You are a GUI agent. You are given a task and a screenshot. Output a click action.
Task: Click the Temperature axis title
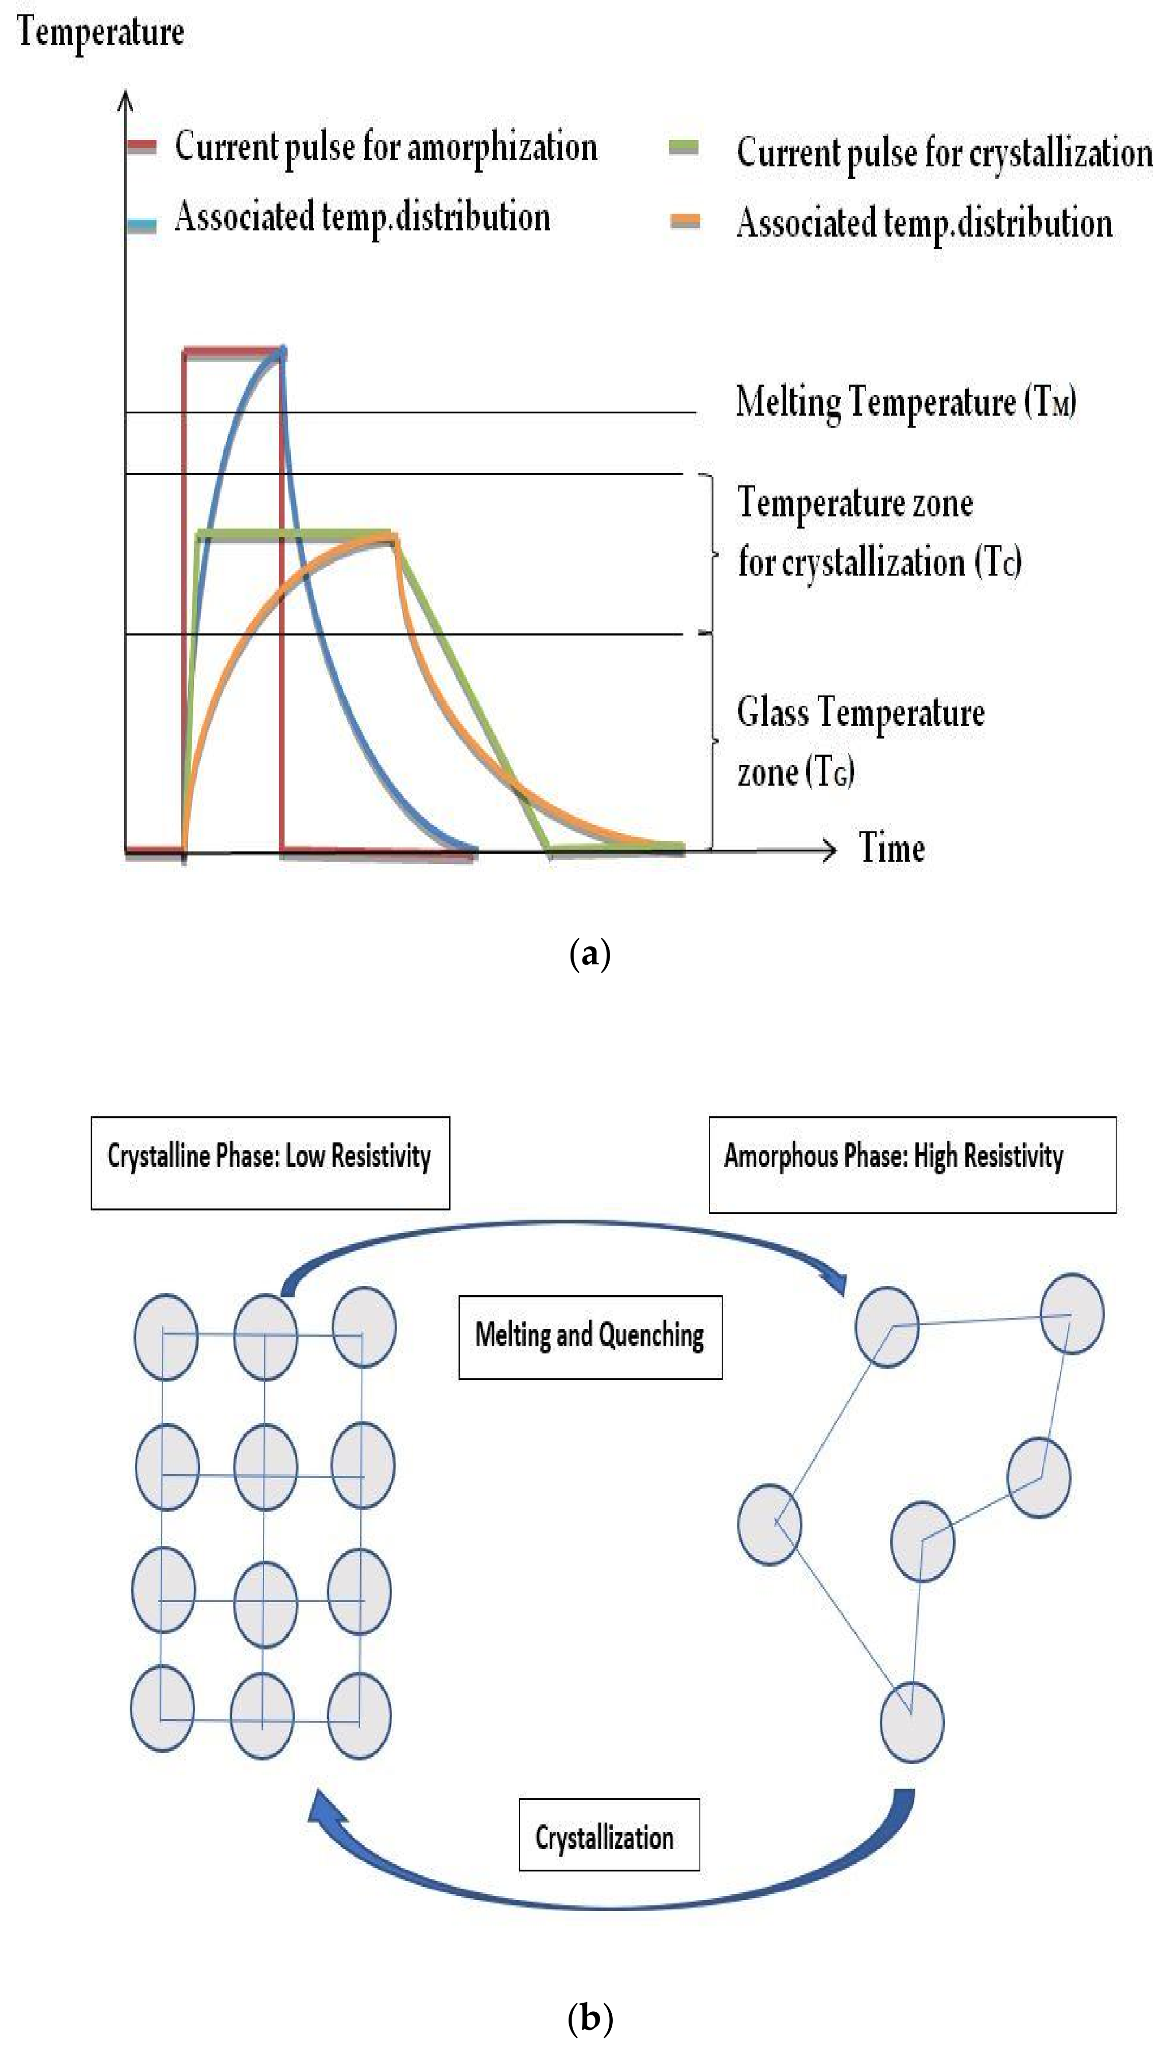point(101,33)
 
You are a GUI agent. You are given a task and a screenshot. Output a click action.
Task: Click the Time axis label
point(891,847)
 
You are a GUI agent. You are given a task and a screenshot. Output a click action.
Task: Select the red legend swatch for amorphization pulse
point(142,146)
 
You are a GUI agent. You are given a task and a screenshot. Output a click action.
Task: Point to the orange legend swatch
point(686,222)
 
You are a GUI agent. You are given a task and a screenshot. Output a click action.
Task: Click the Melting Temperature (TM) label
point(905,401)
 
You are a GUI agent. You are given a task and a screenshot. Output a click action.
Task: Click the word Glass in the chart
point(772,712)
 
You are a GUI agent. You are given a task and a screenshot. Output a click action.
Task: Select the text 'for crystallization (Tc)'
point(879,562)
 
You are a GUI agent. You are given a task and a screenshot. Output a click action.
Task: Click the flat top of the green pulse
point(295,535)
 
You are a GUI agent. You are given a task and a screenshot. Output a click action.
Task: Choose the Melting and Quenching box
point(590,1337)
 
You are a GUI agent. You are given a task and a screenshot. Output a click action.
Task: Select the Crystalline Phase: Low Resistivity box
point(270,1163)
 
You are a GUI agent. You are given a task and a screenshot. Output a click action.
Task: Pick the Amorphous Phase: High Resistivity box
point(911,1164)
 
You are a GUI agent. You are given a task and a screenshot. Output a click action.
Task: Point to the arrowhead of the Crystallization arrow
point(321,1805)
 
